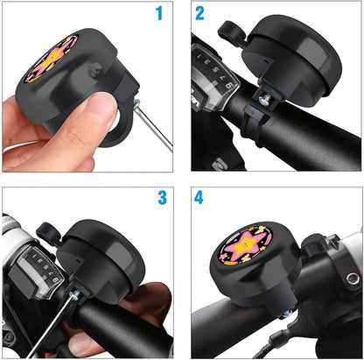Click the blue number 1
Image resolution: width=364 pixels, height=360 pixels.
tap(159, 13)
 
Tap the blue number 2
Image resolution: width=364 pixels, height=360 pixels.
tap(200, 13)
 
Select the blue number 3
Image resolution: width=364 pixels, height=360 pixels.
tap(162, 198)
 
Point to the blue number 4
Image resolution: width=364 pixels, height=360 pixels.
tap(199, 198)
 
